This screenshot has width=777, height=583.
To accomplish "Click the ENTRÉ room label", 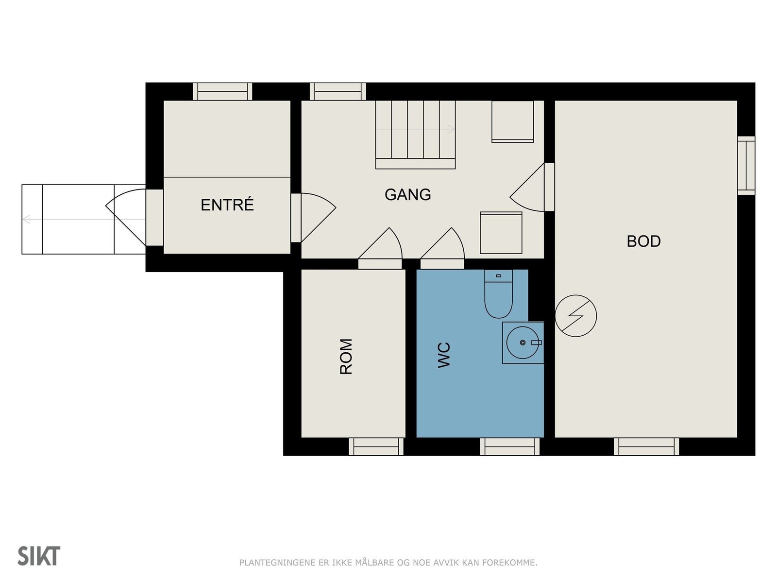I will [227, 205].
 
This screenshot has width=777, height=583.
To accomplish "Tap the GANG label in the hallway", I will [407, 194].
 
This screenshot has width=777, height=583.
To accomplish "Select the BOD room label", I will [643, 241].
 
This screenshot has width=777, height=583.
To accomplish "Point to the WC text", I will [444, 355].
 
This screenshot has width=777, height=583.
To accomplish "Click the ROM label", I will [346, 357].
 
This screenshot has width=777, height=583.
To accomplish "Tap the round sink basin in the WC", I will [523, 343].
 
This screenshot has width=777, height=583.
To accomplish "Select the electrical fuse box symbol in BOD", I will [575, 316].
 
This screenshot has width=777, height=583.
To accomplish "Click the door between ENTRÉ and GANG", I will [313, 218].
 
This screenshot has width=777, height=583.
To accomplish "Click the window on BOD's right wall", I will [746, 166].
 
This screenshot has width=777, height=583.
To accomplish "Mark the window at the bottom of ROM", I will [376, 446].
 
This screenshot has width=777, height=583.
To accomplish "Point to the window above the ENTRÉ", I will [222, 91].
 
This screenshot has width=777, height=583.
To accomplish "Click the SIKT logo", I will [39, 556].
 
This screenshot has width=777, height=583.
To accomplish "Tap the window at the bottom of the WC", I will [509, 446].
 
